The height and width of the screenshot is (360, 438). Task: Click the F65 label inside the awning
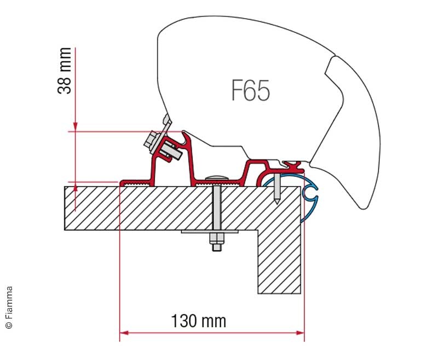(x=251, y=90)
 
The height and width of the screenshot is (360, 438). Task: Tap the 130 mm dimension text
(x=198, y=321)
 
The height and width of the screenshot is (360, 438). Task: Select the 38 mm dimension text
(x=64, y=71)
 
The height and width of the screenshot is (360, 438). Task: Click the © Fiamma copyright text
(x=9, y=307)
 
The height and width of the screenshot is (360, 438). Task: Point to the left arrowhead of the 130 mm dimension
(x=124, y=333)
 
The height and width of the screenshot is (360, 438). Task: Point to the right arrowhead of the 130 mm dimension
(x=300, y=333)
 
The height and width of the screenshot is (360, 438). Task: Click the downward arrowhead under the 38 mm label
(x=75, y=127)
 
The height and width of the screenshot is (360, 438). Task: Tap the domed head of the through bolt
(x=217, y=178)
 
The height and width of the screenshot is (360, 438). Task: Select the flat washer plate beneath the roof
(x=210, y=231)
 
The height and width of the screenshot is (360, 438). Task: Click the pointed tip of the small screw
(x=276, y=203)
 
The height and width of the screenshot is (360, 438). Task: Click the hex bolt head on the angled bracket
(x=151, y=141)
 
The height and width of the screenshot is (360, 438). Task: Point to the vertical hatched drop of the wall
(x=279, y=261)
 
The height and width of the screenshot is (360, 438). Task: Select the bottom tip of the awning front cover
(x=363, y=208)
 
